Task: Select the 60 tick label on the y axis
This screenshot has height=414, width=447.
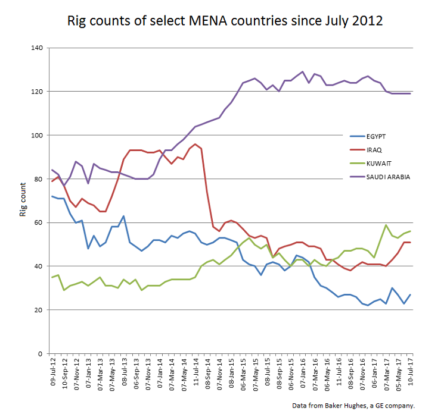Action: pyautogui.click(x=37, y=222)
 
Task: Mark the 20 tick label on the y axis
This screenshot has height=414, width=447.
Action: pyautogui.click(x=37, y=310)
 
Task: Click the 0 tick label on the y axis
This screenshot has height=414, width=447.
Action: pyautogui.click(x=39, y=354)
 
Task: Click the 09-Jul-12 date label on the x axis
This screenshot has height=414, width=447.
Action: pyautogui.click(x=52, y=374)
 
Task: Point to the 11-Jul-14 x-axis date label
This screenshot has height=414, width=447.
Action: pyautogui.click(x=195, y=374)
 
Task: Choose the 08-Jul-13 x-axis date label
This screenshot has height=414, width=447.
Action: pyautogui.click(x=124, y=374)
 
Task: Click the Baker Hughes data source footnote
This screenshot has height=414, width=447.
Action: pyautogui.click(x=353, y=405)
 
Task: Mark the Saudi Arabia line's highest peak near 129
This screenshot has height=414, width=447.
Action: pyautogui.click(x=303, y=71)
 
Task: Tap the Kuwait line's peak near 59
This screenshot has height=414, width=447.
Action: pyautogui.click(x=386, y=225)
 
